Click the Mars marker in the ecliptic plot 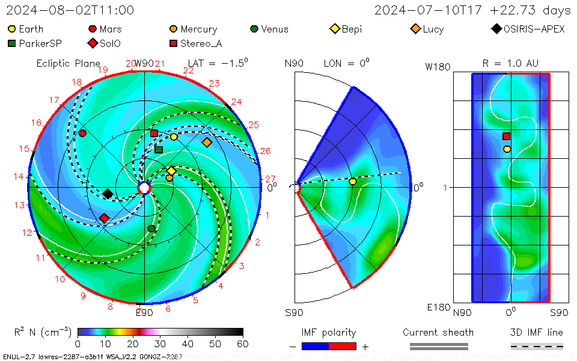pyautogui.click(x=82, y=133)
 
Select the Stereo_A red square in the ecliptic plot pyautogui.click(x=154, y=133)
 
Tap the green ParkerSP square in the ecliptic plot pyautogui.click(x=159, y=149)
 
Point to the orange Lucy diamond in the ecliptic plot pyautogui.click(x=207, y=143)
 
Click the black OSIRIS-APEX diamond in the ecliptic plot pyautogui.click(x=108, y=194)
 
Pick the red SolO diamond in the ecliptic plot pyautogui.click(x=105, y=218)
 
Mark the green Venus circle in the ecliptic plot pyautogui.click(x=151, y=229)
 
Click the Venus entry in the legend pyautogui.click(x=269, y=29)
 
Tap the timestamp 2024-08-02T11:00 pyautogui.click(x=70, y=10)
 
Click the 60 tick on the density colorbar pyautogui.click(x=243, y=344)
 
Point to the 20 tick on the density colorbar pyautogui.click(x=133, y=344)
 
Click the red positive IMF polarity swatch pyautogui.click(x=343, y=346)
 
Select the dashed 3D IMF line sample pyautogui.click(x=537, y=346)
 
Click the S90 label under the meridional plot pyautogui.click(x=295, y=313)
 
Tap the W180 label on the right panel pyautogui.click(x=438, y=67)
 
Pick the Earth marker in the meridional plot pyautogui.click(x=353, y=181)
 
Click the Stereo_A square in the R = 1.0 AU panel pyautogui.click(x=507, y=137)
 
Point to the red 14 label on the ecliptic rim pyautogui.click(x=19, y=176)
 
